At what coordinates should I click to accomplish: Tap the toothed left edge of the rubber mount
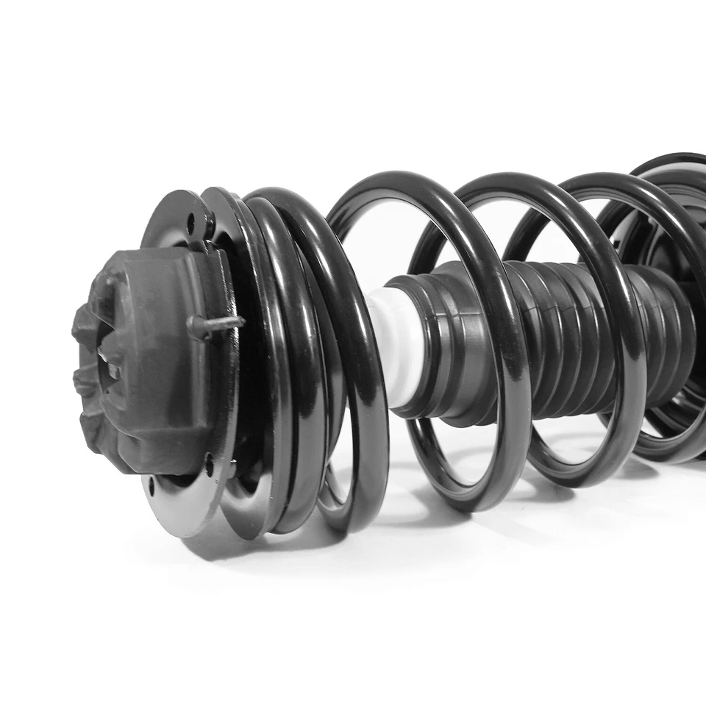click(82, 368)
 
